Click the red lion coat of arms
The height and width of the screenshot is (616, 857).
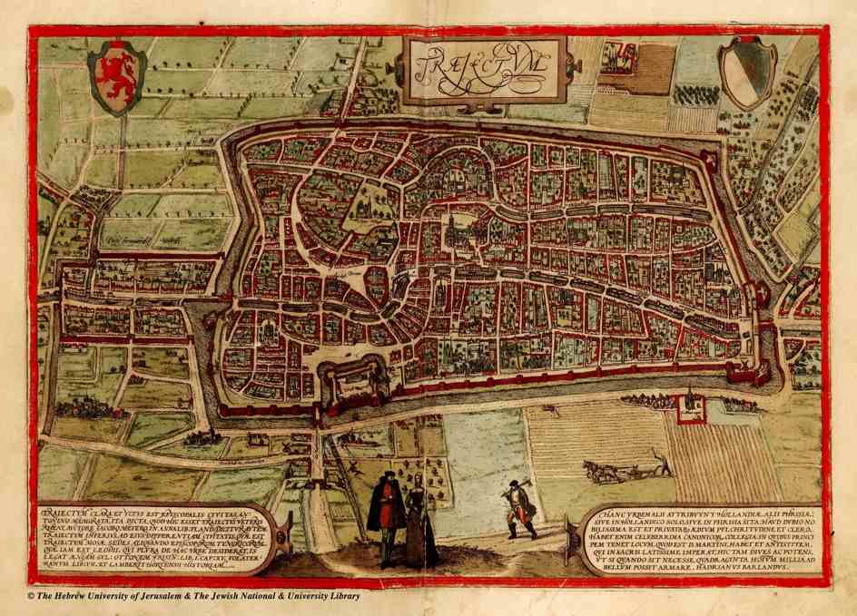(x=116, y=76)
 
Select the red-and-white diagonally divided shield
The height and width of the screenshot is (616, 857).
(x=747, y=72)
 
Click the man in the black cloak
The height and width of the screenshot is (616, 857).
(x=387, y=518)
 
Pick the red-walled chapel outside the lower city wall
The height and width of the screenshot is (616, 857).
(x=692, y=402)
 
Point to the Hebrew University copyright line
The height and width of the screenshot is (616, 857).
(x=192, y=596)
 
